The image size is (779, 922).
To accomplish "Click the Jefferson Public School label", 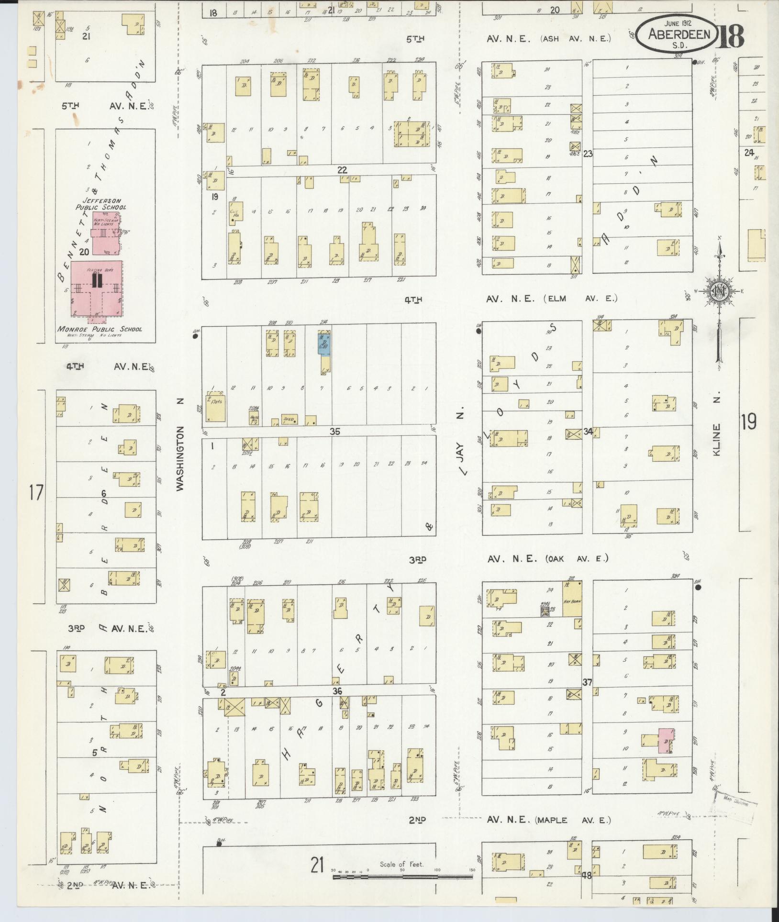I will (x=101, y=204).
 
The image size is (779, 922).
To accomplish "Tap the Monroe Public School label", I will (x=100, y=329).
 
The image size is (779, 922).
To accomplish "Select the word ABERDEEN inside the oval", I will (x=679, y=34).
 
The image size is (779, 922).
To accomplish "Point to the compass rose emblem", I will (x=718, y=291).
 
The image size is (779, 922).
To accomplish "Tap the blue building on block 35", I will (x=324, y=344).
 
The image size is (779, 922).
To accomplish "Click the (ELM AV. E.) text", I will (x=580, y=299).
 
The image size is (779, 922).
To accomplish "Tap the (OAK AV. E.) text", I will (x=576, y=558).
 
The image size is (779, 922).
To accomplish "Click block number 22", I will (x=342, y=170).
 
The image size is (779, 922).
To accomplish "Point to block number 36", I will (x=338, y=691).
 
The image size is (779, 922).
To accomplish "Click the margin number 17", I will (x=36, y=492).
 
